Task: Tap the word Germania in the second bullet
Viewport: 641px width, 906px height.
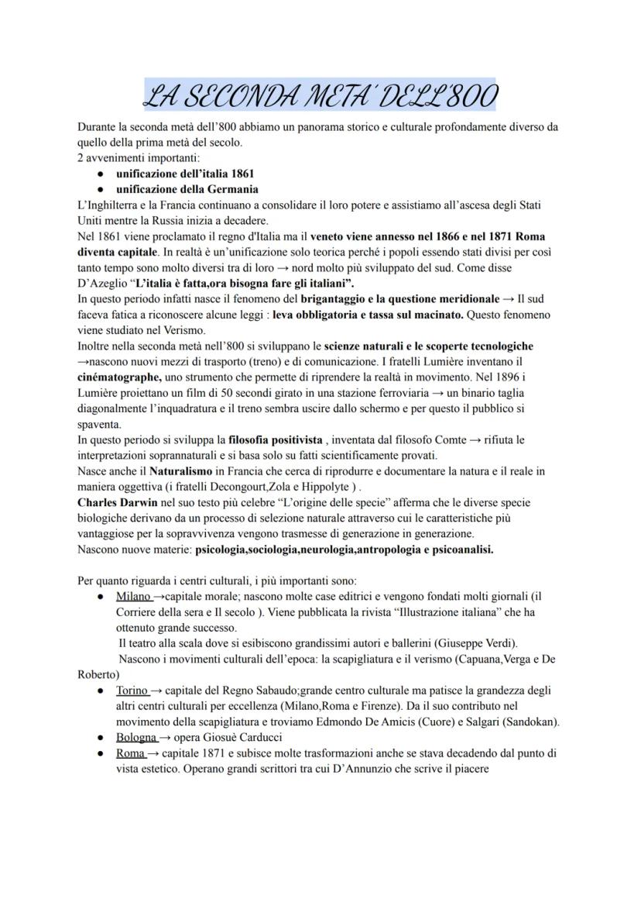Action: point(230,189)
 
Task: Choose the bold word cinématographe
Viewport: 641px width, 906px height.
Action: point(119,377)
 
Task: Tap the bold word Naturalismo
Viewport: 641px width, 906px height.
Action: point(180,470)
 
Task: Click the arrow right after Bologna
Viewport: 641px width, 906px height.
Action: point(163,737)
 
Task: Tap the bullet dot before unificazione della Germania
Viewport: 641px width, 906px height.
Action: point(101,189)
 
